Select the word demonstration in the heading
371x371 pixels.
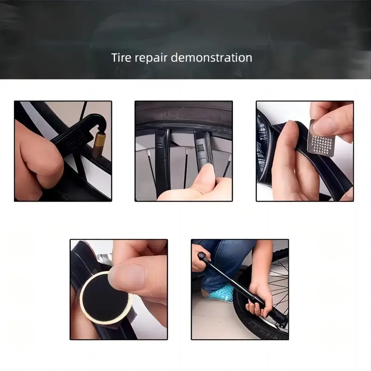[211, 57]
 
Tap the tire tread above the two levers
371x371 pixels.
[183, 113]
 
